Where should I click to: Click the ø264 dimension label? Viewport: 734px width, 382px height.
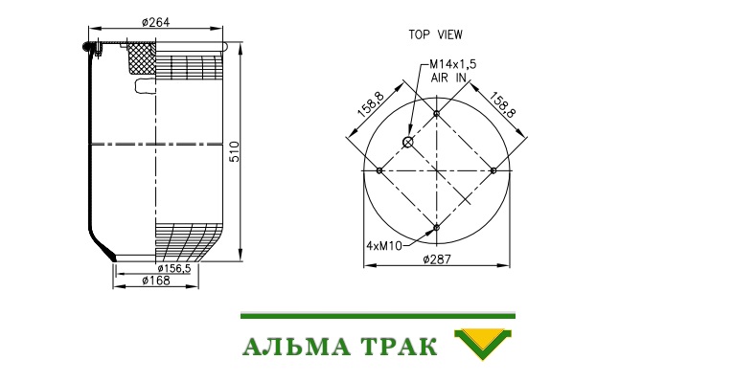click(155, 22)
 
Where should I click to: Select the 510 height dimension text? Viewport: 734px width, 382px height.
click(235, 151)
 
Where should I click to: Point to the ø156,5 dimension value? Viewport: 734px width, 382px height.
click(174, 268)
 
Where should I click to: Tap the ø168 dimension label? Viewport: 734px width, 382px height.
click(156, 281)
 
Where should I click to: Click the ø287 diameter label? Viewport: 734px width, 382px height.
click(437, 259)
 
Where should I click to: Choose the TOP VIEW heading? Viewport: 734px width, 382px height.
click(435, 34)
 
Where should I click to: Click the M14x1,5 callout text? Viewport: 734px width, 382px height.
click(452, 64)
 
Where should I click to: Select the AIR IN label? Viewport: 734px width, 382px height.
click(448, 78)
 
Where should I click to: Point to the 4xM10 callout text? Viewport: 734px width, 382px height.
click(384, 245)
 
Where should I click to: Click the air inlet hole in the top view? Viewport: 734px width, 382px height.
click(408, 142)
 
